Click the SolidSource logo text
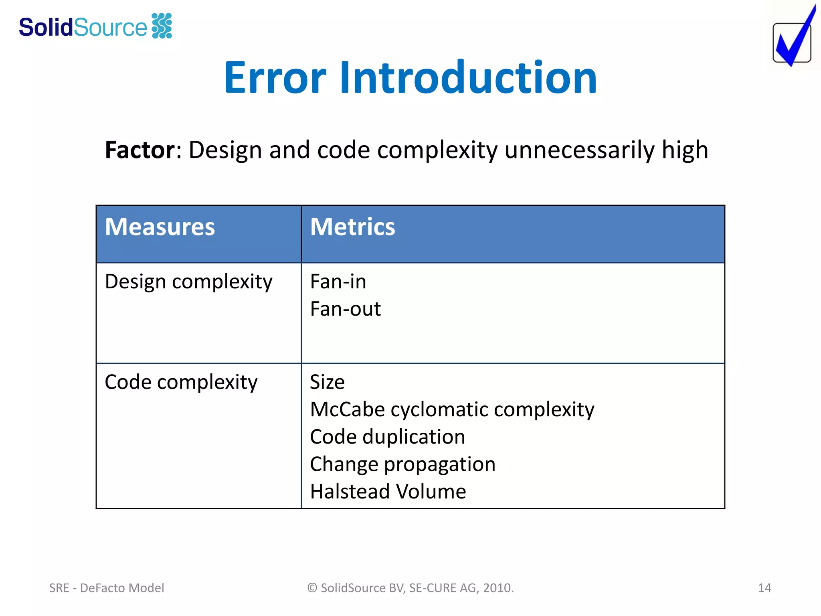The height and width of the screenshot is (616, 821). (83, 27)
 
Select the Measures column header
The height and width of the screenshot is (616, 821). (160, 227)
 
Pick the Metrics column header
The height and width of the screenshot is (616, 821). (352, 227)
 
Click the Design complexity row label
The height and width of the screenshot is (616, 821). (188, 282)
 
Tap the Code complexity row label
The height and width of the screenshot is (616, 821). (181, 382)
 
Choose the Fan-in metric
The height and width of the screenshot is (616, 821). (338, 282)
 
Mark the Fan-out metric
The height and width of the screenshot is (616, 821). (345, 309)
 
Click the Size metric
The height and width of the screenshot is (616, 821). (327, 382)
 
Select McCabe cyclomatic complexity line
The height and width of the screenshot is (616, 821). (452, 409)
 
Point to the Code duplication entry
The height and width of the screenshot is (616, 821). (387, 437)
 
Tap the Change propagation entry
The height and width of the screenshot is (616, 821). (402, 464)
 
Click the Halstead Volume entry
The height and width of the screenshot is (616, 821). (388, 492)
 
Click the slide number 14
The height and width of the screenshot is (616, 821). (764, 588)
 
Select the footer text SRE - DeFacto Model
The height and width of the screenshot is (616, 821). (107, 588)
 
